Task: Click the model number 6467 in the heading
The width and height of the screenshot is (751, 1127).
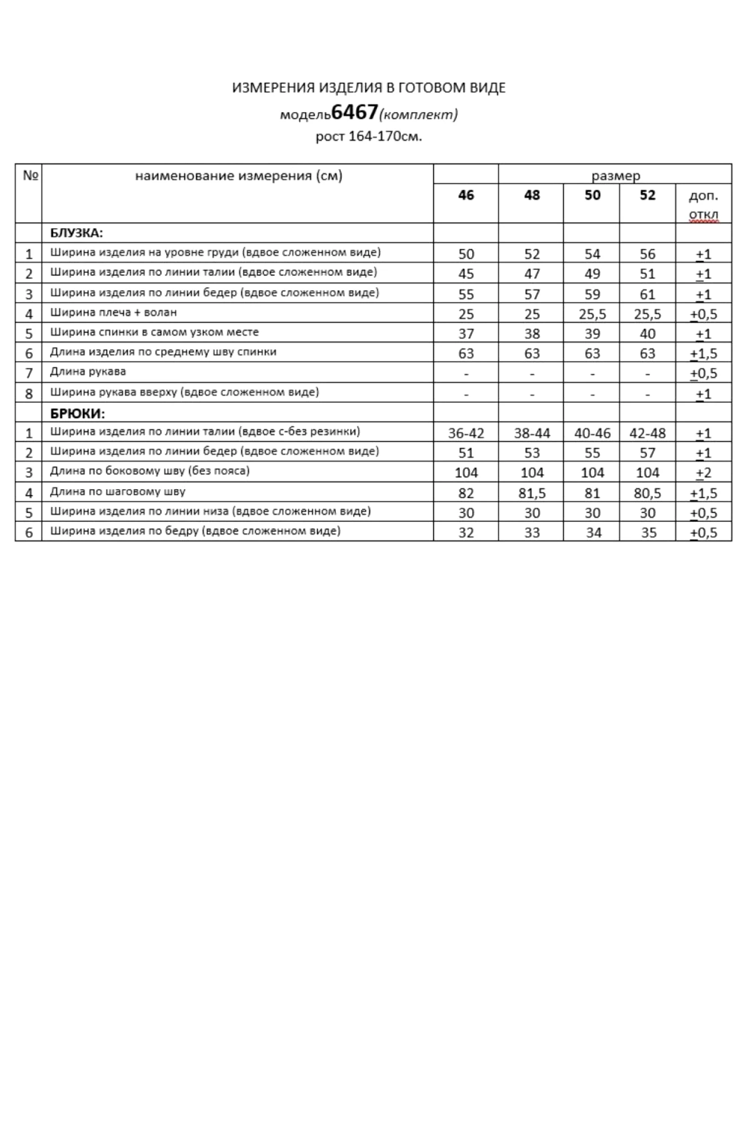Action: (354, 113)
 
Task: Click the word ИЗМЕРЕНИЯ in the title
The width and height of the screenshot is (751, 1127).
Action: (273, 88)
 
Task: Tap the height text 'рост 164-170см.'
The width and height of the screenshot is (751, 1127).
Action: (368, 136)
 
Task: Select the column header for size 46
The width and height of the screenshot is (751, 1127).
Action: (466, 196)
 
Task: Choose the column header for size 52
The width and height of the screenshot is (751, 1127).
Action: (647, 196)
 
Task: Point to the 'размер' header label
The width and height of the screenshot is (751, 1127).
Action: (615, 176)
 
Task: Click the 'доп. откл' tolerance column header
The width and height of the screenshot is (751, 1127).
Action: (704, 205)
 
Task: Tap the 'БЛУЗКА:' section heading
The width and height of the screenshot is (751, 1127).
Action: (77, 233)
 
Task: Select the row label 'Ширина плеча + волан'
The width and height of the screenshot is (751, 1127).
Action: (113, 312)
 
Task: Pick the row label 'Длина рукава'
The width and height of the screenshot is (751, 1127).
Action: (88, 372)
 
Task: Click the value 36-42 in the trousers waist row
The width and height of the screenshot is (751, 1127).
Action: (466, 433)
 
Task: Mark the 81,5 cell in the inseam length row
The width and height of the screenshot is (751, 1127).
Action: (532, 493)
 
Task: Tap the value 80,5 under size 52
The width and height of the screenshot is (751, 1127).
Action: (647, 493)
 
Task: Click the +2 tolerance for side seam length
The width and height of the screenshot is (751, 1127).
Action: (704, 473)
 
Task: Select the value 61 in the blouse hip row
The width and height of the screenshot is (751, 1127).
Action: (647, 294)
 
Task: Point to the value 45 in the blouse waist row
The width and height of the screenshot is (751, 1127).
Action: (466, 274)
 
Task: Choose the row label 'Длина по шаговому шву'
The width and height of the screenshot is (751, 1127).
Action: (118, 492)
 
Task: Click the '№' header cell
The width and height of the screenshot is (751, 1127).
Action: (30, 175)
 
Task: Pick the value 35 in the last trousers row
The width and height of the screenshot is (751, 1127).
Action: (648, 533)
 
